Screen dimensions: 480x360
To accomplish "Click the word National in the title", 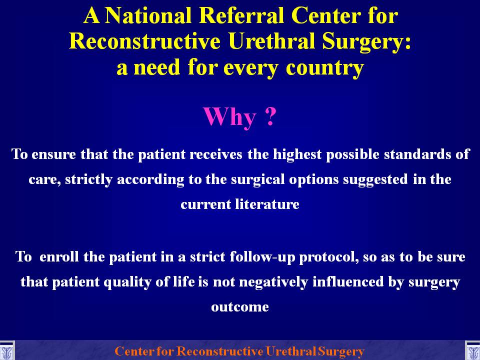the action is (148, 15).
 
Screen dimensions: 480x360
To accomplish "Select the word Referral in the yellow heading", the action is (241, 15).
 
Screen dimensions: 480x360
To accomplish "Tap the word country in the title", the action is (325, 68).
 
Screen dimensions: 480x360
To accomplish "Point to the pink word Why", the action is (229, 117).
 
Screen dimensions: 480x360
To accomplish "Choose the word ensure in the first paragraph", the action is (53, 154).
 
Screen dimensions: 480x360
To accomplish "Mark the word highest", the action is (297, 153).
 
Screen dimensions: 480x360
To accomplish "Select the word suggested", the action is (375, 179).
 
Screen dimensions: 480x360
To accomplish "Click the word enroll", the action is (59, 256).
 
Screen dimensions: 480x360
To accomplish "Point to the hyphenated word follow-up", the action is (262, 257).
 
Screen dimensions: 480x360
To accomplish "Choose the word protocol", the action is (329, 257).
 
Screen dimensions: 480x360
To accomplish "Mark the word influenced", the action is (348, 281).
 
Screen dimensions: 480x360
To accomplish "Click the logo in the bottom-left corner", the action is (6, 351).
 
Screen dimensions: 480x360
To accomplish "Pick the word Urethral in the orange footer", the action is (290, 351).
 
